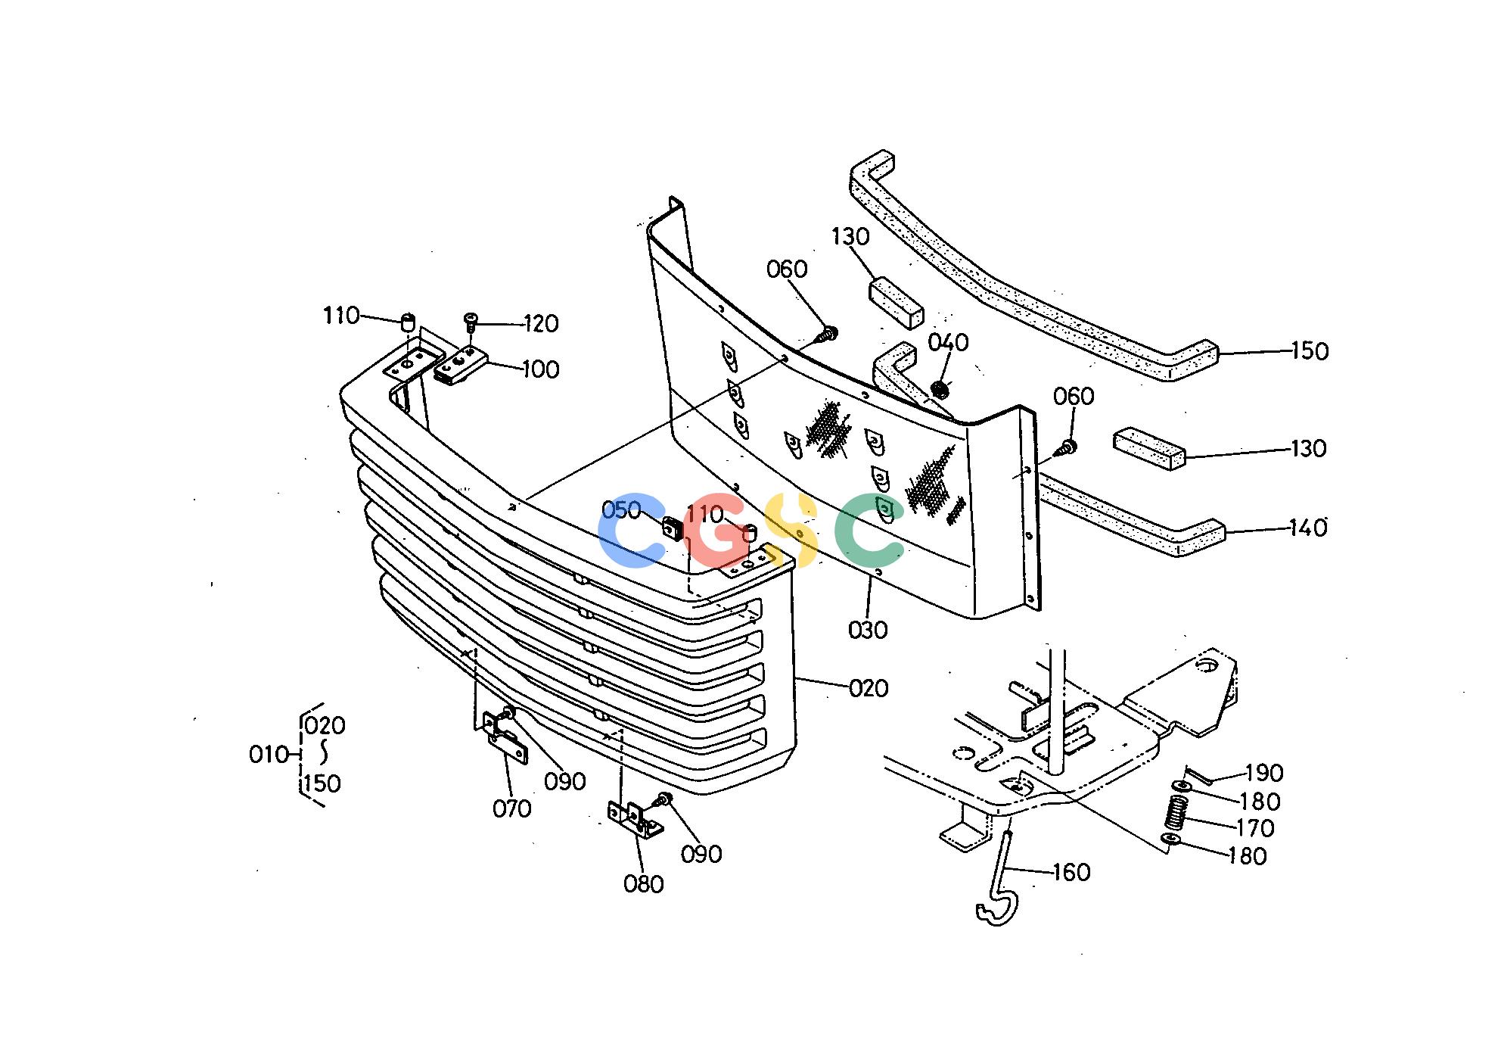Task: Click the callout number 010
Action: [x=269, y=755]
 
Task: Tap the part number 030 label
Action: [x=868, y=630]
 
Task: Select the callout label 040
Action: [x=948, y=343]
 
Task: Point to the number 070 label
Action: [x=512, y=809]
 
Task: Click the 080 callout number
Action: [x=644, y=884]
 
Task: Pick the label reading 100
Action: [x=540, y=369]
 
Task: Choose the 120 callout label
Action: [x=542, y=324]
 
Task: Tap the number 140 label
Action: [x=1309, y=528]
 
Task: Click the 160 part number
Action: [x=1071, y=873]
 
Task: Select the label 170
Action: [x=1256, y=828]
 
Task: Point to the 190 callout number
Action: [x=1265, y=773]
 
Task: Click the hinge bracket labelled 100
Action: [x=459, y=366]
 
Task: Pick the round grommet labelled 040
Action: [x=940, y=391]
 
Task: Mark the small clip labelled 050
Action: [x=673, y=527]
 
